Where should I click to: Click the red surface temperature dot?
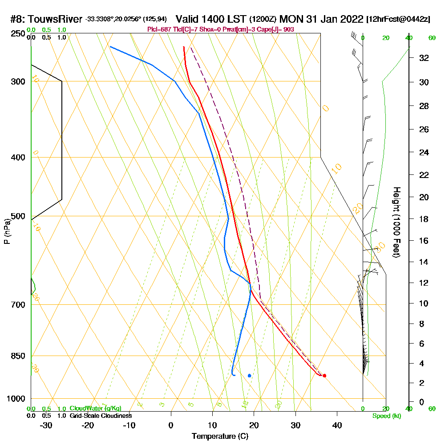pyautogui.click(x=324, y=376)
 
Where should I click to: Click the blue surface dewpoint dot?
pyautogui.click(x=249, y=376)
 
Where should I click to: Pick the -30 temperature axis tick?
pyautogui.click(x=46, y=425)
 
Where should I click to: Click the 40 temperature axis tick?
pyautogui.click(x=337, y=425)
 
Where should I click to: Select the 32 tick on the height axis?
pyautogui.click(x=424, y=58)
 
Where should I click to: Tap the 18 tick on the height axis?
pyautogui.click(x=424, y=219)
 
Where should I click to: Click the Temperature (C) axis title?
pyautogui.click(x=220, y=437)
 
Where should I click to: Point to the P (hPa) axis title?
pyautogui.click(x=7, y=231)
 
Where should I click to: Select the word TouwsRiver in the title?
pyautogui.click(x=57, y=20)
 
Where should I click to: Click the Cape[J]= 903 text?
pyautogui.click(x=279, y=29)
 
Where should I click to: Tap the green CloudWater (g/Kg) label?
pyautogui.click(x=95, y=409)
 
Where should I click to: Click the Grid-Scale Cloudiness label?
pyautogui.click(x=101, y=416)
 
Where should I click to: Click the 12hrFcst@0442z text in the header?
pyautogui.click(x=398, y=20)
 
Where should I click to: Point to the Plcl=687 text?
pyautogui.click(x=159, y=29)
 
